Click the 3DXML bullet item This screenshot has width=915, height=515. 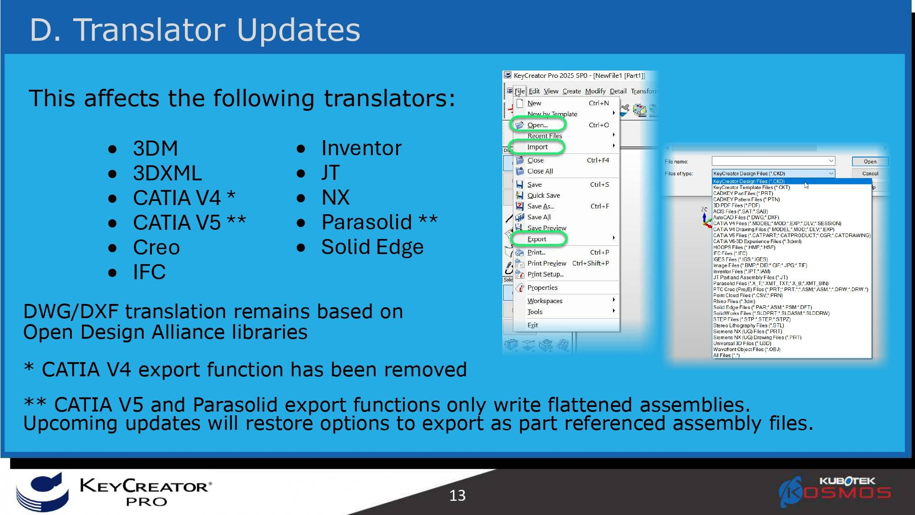(x=167, y=173)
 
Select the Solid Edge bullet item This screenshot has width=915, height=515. (x=372, y=247)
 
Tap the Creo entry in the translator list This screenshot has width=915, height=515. (x=156, y=248)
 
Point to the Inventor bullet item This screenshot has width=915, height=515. (x=361, y=148)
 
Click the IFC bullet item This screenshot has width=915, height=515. (x=149, y=272)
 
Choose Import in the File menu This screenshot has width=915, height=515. (x=537, y=147)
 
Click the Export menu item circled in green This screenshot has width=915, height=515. (x=537, y=239)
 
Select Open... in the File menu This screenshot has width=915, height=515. (x=537, y=125)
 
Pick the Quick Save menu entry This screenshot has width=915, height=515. (x=544, y=195)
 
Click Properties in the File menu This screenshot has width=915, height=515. (x=542, y=287)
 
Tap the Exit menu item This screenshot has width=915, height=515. (x=533, y=325)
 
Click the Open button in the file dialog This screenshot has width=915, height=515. (x=870, y=162)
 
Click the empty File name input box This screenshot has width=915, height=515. (x=773, y=161)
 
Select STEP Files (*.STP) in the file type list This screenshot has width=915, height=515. (x=752, y=320)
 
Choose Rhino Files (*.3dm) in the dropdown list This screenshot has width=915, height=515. (x=734, y=301)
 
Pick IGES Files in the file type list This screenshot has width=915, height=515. (x=740, y=260)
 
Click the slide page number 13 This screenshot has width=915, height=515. (x=457, y=495)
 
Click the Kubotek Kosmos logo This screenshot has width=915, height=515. (x=835, y=492)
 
